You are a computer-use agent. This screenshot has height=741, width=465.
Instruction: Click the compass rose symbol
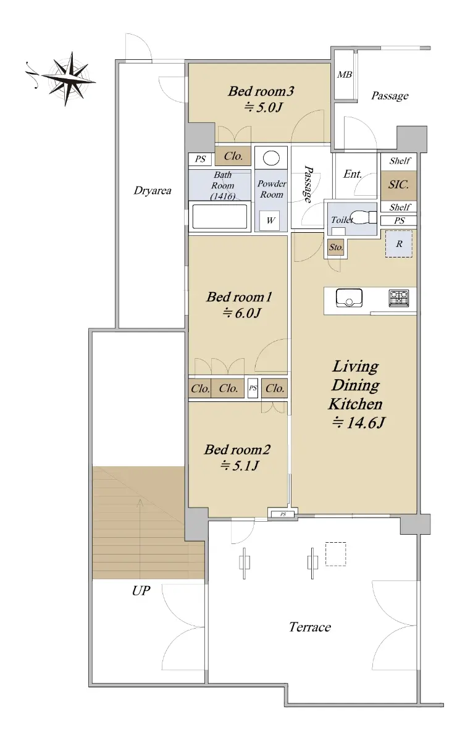69,79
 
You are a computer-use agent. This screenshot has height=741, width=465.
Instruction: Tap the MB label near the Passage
345,75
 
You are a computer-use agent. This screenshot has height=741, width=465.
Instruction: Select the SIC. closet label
398,184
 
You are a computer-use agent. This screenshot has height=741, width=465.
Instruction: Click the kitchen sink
349,298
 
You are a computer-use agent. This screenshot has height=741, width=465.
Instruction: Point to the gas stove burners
399,297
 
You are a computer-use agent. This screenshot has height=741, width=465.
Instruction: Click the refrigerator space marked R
399,244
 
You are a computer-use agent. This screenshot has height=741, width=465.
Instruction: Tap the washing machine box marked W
269,220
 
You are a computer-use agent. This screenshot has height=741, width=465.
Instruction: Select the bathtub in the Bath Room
220,216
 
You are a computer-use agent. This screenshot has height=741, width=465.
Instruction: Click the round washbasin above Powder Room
271,158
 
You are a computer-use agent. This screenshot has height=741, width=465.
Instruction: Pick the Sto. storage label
336,247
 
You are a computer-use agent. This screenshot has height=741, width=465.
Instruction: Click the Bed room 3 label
261,91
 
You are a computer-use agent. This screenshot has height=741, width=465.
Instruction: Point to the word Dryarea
153,191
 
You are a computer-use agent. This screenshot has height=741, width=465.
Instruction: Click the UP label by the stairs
141,590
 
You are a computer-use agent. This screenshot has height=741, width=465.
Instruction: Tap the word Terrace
310,627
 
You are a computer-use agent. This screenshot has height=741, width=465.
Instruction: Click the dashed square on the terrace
336,554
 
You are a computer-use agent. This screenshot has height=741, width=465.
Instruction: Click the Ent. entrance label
353,174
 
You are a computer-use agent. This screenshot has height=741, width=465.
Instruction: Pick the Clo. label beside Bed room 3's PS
233,156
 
